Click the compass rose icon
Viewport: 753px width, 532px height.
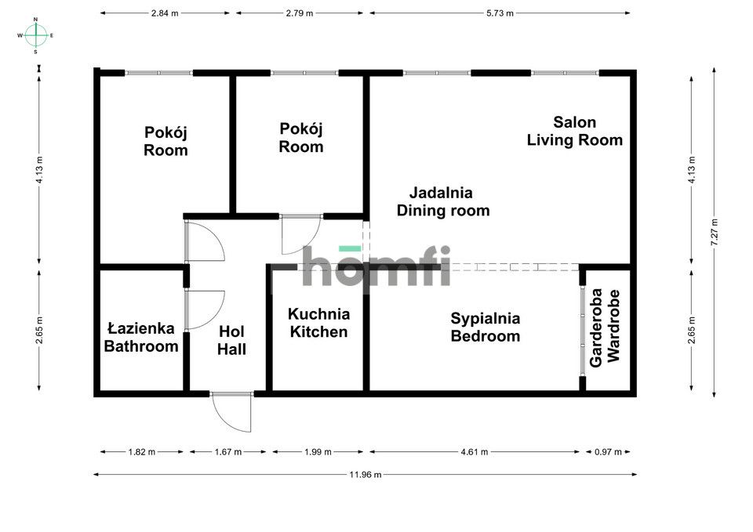point(35,35)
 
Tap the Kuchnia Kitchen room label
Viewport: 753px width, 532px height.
point(318,323)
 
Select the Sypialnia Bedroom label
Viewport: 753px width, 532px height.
point(485,328)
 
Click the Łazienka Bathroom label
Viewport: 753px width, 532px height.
point(141,337)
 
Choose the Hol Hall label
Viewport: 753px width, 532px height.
point(231,340)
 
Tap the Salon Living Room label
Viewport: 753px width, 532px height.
point(574,131)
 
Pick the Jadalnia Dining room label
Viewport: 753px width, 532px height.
point(442,201)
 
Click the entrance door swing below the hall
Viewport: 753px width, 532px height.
point(233,411)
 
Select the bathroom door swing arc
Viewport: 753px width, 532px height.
point(206,308)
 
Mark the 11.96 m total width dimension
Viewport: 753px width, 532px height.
point(365,474)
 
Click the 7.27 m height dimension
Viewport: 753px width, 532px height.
point(714,233)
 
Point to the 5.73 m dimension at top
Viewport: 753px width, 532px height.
point(500,13)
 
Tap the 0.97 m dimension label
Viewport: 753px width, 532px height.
point(608,451)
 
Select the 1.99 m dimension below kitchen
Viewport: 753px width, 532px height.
point(318,451)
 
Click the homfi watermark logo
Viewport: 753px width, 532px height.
point(376,268)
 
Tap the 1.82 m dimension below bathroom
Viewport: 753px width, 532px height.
point(141,451)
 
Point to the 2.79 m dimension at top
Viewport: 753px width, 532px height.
point(299,13)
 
